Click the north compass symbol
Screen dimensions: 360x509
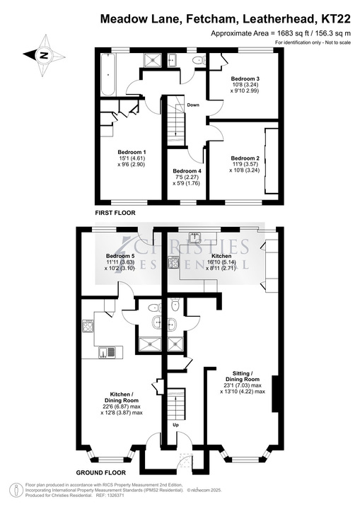pos(44,55)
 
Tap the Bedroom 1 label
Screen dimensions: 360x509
pos(132,152)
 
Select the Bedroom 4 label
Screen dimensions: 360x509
pos(187,171)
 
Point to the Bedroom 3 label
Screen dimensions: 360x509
pos(245,78)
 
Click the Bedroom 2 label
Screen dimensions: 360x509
pos(245,158)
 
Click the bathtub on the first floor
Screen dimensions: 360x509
pos(108,75)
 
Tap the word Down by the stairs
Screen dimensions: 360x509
pos(193,105)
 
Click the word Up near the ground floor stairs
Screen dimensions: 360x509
pos(175,425)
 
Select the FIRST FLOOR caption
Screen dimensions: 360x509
pos(115,213)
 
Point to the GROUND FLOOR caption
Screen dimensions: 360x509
pos(100,473)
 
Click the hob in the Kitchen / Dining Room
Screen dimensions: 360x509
pos(88,326)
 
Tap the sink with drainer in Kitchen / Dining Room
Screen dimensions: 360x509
pos(107,353)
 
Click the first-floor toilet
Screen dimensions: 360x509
pos(198,60)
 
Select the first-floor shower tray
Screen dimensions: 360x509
pos(152,60)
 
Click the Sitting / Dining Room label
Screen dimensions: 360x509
pos(243,376)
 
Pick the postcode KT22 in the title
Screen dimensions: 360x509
pos(336,19)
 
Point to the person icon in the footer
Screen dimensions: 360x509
pos(16,489)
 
